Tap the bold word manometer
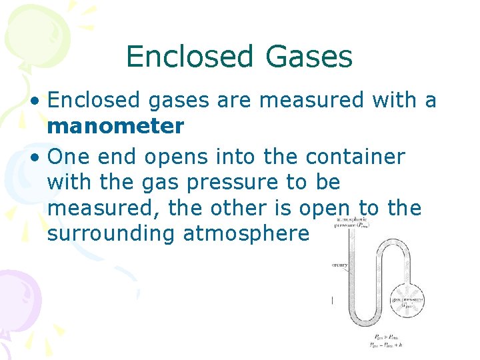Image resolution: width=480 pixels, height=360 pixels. pos(115,125)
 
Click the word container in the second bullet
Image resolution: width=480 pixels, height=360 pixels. pos(355,157)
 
